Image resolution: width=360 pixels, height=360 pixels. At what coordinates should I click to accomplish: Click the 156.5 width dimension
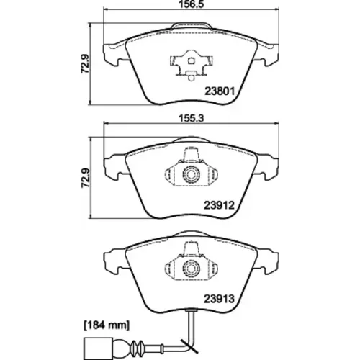pos(192,4)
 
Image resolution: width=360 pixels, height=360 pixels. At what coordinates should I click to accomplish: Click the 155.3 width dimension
pos(192,118)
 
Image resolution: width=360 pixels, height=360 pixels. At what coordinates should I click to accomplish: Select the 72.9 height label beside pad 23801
pos(85,63)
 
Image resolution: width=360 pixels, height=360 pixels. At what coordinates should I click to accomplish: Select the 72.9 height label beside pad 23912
pos(85,178)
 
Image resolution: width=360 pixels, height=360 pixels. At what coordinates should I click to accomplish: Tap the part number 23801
pos(219,91)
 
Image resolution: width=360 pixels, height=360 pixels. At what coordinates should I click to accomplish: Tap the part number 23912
pos(219,205)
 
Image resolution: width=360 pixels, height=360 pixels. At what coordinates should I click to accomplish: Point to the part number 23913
pos(219,299)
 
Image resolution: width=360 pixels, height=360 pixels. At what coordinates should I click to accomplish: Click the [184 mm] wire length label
pos(107,325)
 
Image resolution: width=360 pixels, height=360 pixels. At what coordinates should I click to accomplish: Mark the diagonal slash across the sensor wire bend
pos(189,346)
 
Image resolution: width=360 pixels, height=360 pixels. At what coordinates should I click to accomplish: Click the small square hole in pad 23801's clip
pos(191,61)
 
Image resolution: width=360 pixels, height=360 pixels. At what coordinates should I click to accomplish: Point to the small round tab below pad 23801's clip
pos(191,78)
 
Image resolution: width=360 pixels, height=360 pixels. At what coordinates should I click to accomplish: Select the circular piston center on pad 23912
pos(191,174)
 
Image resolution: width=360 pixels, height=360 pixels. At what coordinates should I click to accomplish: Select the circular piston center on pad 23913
pos(191,267)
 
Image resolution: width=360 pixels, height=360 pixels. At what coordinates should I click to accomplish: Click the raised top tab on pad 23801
pos(192,26)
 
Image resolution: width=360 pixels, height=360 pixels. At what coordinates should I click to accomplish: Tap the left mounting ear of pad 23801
pos(114,55)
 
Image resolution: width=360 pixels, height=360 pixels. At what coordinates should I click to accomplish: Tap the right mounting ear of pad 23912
pos(267,168)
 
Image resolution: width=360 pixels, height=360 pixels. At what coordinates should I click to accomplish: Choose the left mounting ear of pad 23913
pos(114,262)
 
